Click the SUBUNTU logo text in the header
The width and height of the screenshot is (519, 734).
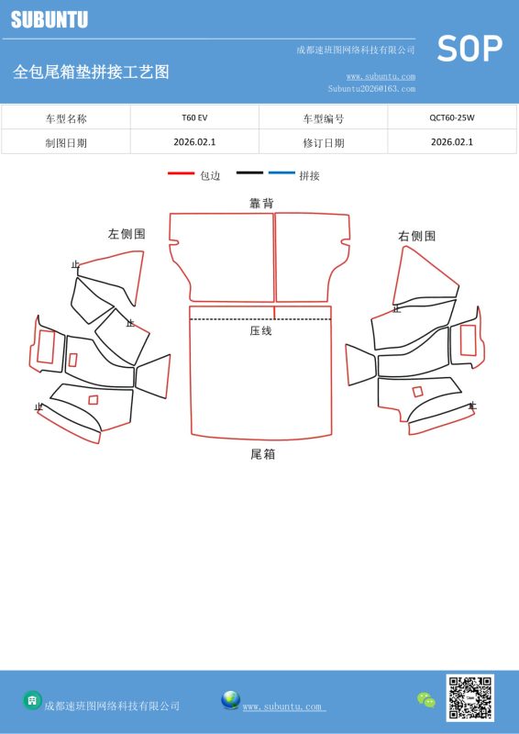point(50,19)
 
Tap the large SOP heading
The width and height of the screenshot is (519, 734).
point(469,49)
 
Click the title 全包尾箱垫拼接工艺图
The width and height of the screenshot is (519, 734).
point(92,72)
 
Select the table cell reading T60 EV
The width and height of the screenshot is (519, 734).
point(194,117)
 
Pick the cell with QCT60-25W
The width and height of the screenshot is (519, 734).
point(452,117)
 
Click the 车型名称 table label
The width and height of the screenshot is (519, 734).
point(66,118)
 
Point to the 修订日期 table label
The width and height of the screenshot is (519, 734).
point(324,143)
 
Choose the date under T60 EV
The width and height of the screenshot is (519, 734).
point(194,142)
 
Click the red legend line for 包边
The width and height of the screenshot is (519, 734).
point(181,173)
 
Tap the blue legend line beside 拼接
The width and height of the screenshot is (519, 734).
point(282,173)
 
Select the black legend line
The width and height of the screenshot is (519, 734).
point(249,173)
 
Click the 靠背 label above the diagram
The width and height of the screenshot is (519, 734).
point(261,203)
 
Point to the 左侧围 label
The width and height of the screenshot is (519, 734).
point(127,234)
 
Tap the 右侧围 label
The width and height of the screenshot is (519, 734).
point(417,236)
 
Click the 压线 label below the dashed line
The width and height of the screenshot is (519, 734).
point(260,331)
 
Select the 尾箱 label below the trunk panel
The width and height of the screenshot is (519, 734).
point(262,454)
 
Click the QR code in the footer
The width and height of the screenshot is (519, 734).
point(469,697)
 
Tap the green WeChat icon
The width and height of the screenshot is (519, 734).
point(426,700)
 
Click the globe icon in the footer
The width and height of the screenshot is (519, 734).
point(231,700)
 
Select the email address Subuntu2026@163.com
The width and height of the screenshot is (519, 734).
point(371,88)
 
